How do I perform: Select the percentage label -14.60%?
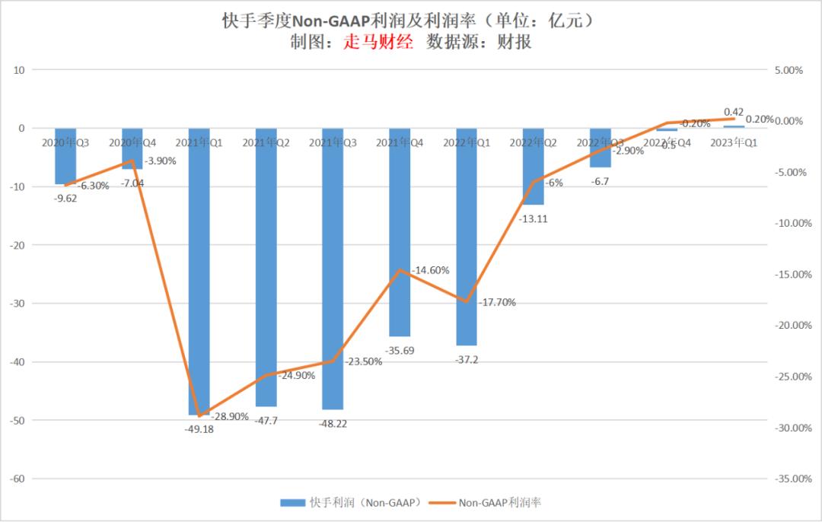tap(430, 270)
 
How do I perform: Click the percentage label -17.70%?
tap(498, 302)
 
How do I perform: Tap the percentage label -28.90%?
tap(230, 417)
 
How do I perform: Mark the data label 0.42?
tap(734, 112)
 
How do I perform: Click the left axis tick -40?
tap(16, 362)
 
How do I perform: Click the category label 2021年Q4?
tap(400, 142)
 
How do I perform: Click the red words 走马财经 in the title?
tap(378, 43)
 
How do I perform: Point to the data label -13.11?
tap(533, 218)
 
